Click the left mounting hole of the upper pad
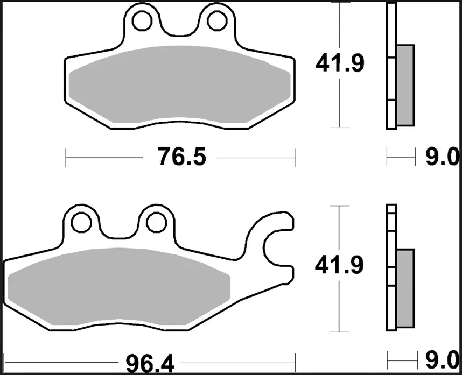click(142, 21)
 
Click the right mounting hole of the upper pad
click(217, 21)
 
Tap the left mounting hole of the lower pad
click(81, 222)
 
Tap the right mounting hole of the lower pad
click(156, 222)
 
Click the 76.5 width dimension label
click(182, 157)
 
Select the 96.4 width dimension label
click(150, 364)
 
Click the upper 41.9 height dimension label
click(340, 63)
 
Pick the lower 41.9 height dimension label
click(339, 265)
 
